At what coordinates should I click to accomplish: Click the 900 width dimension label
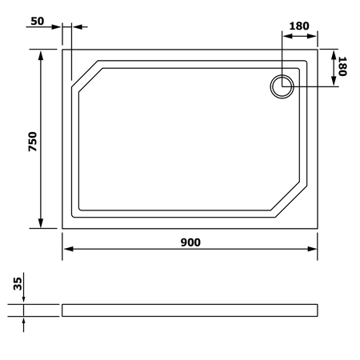tap(190, 242)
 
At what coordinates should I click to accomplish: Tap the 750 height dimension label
tap(33, 142)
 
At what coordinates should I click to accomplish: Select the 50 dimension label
tap(38, 21)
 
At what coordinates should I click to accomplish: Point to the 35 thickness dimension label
tap(18, 284)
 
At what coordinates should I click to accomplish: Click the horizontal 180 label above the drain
tap(299, 26)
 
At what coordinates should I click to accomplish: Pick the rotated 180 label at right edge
tap(342, 66)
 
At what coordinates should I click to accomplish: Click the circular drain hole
tap(282, 86)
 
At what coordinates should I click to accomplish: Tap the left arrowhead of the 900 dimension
tap(69, 249)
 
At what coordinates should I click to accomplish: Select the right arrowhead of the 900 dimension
tap(312, 249)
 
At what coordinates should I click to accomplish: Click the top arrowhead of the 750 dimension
tap(41, 55)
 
